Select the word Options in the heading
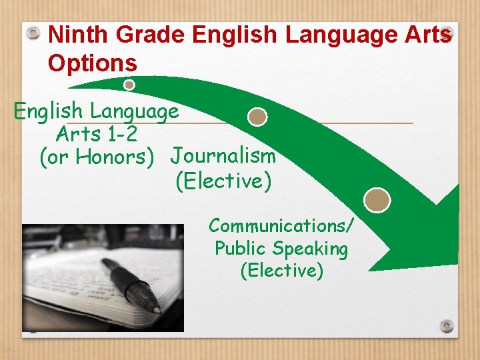[x=93, y=63]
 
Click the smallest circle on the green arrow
[x=129, y=85]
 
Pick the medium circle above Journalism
[x=257, y=117]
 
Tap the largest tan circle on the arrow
[x=378, y=199]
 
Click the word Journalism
[x=223, y=156]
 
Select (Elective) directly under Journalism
[x=223, y=181]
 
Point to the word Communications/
[x=281, y=225]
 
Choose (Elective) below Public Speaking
[x=281, y=271]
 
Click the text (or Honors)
[x=97, y=157]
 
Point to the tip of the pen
[x=158, y=309]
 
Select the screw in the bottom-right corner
[x=447, y=326]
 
